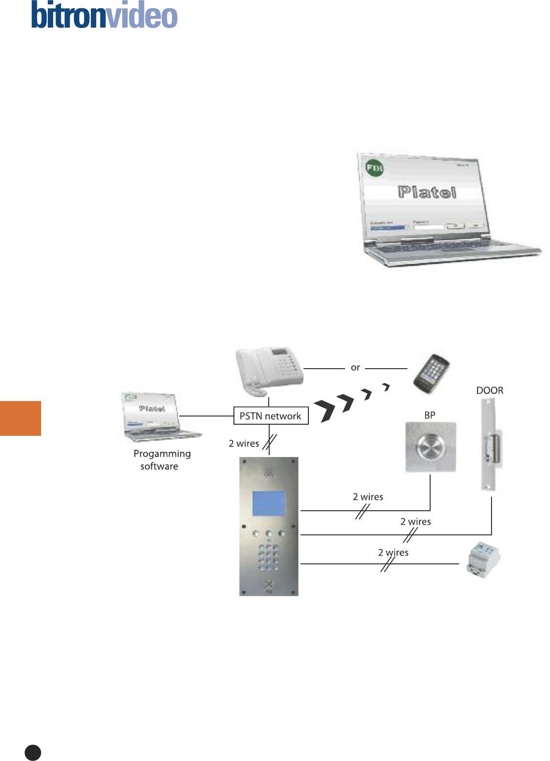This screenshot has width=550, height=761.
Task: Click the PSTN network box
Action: tap(271, 416)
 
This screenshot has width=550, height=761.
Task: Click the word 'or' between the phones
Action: tap(355, 368)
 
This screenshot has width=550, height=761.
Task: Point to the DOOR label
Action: tap(490, 390)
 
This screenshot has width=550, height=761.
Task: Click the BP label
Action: tap(430, 415)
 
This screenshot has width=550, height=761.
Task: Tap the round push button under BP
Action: tap(430, 447)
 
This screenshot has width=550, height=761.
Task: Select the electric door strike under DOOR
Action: tap(491, 445)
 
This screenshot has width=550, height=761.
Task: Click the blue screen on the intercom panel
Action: tap(269, 503)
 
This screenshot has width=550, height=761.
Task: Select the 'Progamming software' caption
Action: tap(161, 459)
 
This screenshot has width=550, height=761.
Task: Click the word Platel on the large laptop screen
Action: tap(427, 192)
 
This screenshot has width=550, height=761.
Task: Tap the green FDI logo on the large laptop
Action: tap(375, 169)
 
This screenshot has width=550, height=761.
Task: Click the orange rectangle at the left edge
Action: tap(20, 418)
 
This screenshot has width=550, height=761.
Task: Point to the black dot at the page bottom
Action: tap(33, 752)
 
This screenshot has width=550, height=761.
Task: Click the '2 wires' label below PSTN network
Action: tap(244, 444)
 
